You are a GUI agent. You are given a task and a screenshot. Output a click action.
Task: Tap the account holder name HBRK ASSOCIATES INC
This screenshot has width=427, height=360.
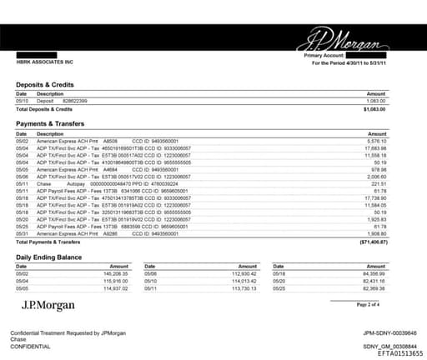tap(44, 62)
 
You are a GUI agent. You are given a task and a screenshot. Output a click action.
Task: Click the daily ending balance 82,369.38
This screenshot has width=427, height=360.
tap(370, 287)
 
